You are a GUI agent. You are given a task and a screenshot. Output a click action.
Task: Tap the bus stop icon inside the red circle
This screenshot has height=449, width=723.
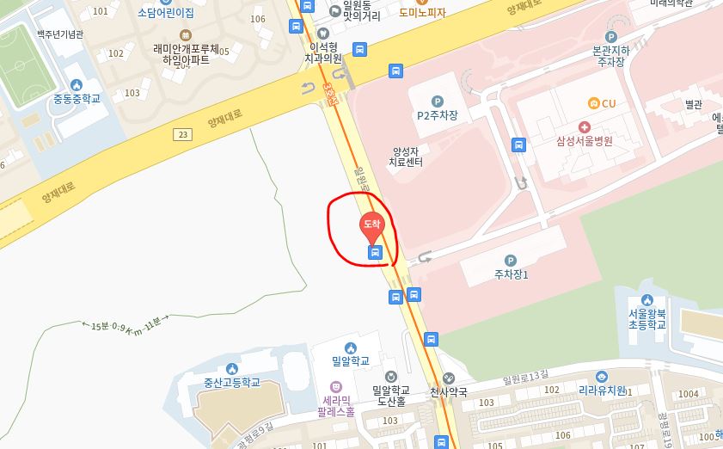[x=374, y=252]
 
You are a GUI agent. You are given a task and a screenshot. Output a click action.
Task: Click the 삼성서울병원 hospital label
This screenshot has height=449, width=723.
[x=585, y=141]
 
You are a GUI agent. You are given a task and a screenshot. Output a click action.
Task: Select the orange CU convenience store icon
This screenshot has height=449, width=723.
[x=592, y=103]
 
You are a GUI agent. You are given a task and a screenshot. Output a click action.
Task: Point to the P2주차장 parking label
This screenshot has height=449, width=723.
[x=438, y=114]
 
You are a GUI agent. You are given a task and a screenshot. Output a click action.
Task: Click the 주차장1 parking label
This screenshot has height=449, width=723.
[x=511, y=275]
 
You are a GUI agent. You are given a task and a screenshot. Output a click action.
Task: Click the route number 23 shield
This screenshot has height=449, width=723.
[x=182, y=133]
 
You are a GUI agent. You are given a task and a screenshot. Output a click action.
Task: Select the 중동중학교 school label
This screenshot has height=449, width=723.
[x=77, y=98]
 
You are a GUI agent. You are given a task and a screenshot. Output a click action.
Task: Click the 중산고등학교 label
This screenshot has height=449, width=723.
[x=231, y=383]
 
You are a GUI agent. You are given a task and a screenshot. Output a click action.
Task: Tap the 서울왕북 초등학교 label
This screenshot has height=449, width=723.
[x=646, y=319]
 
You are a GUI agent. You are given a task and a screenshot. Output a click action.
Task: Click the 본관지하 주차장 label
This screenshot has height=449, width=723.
[x=611, y=56]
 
